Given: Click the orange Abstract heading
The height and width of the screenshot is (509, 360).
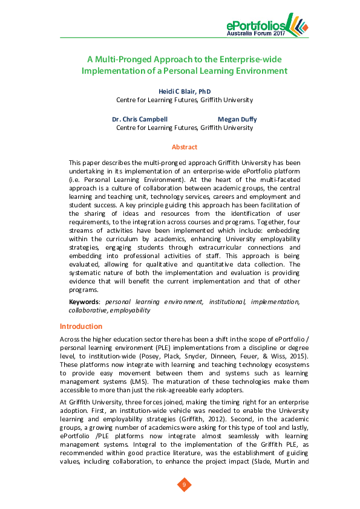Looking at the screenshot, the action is [184, 147].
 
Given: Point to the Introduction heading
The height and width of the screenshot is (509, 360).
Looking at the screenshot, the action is [85, 326].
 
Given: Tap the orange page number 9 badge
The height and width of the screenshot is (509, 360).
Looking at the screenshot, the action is [184, 484].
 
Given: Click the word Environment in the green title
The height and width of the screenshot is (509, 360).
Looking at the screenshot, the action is [257, 71].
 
